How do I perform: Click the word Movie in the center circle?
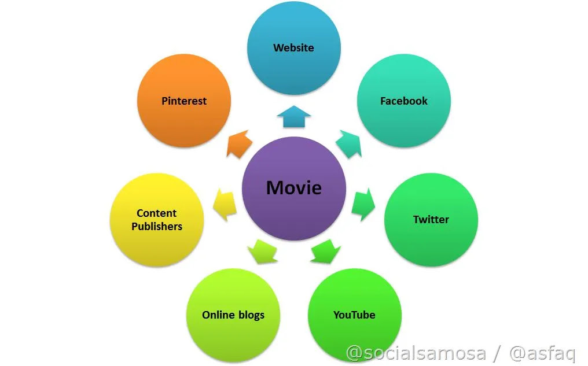pyautogui.click(x=293, y=188)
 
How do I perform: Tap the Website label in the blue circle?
pyautogui.click(x=293, y=47)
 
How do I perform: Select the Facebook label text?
pyautogui.click(x=403, y=101)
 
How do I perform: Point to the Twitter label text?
pyautogui.click(x=431, y=220)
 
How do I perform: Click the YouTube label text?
pyautogui.click(x=354, y=315)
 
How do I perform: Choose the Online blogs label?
pyautogui.click(x=233, y=315)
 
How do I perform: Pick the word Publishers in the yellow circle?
pyautogui.click(x=157, y=227)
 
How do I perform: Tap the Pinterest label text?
pyautogui.click(x=184, y=101)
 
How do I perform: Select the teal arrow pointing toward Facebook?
pyautogui.click(x=348, y=143)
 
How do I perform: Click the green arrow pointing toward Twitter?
pyautogui.click(x=363, y=204)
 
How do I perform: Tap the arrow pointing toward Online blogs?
pyautogui.click(x=262, y=251)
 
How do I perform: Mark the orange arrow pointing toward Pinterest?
pyautogui.click(x=239, y=143)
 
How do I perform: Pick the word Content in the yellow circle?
pyautogui.click(x=157, y=213)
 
